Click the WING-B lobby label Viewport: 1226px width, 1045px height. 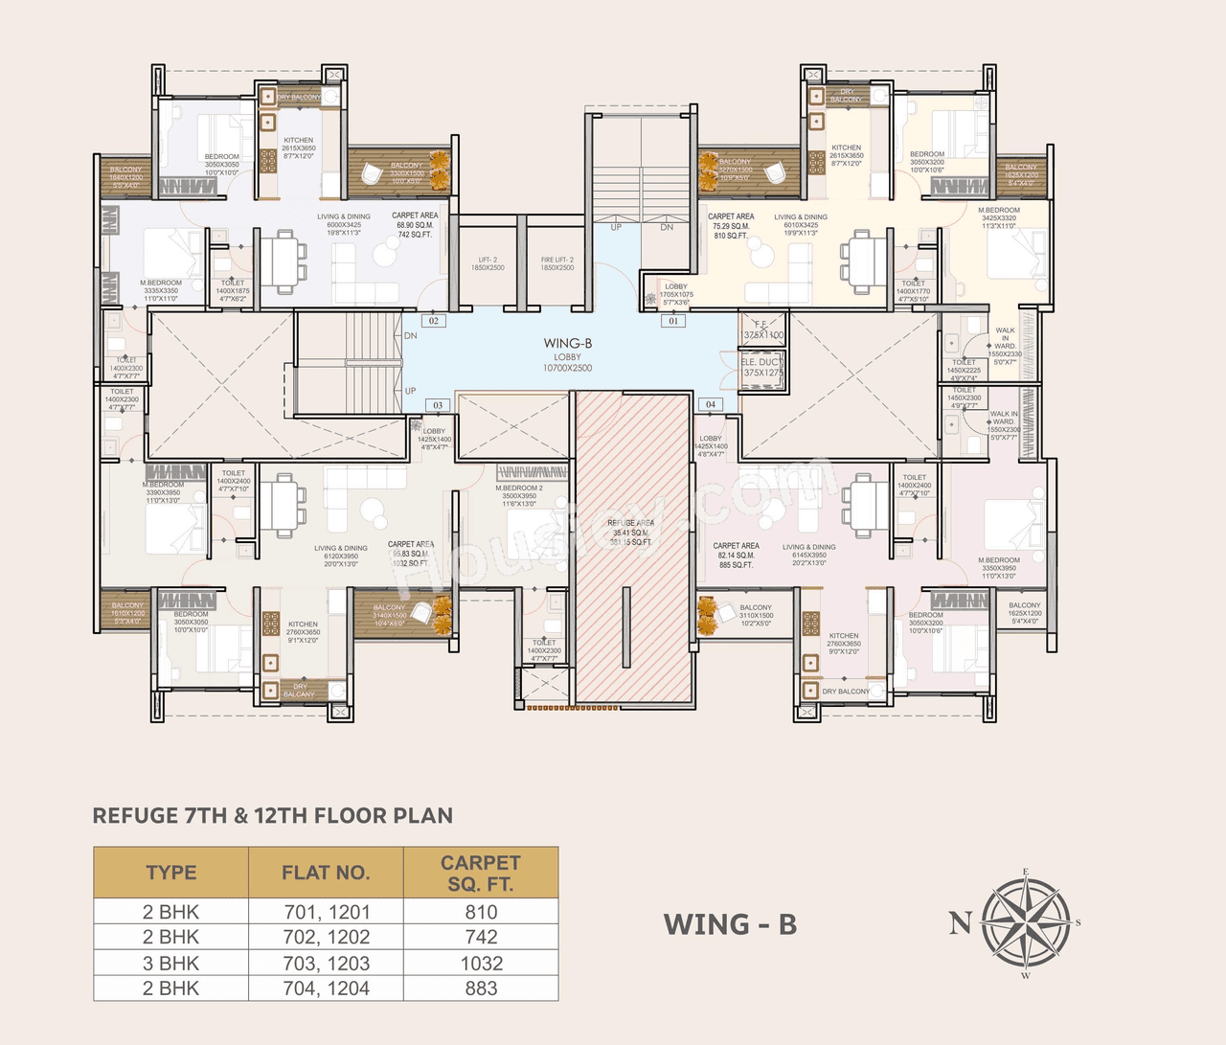tap(567, 344)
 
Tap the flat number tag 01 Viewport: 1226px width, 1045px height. tap(672, 322)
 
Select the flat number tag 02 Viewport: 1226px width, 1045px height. tap(434, 321)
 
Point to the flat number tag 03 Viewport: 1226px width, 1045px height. tap(438, 405)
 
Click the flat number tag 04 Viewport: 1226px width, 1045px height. tap(710, 404)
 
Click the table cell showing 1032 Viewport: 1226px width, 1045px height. tap(481, 964)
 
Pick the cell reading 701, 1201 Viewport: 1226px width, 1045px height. tap(327, 912)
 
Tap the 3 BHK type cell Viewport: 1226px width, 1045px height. tap(170, 964)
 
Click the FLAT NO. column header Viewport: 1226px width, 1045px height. tap(326, 873)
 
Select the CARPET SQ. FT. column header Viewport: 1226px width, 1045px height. tap(481, 873)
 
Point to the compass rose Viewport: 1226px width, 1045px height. tap(1026, 923)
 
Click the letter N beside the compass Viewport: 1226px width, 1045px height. tap(959, 922)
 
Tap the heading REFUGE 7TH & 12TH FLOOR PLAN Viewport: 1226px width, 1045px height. tap(273, 816)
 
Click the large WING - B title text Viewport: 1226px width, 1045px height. tap(730, 924)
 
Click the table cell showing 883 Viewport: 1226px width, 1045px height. tap(481, 988)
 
